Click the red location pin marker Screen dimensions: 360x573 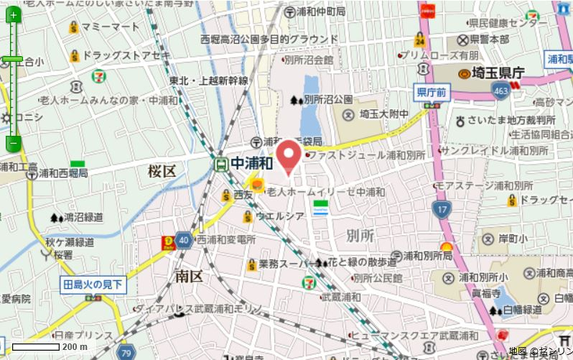click(x=289, y=155)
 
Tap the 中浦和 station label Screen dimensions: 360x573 click(x=251, y=163)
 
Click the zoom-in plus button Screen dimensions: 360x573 click(x=14, y=14)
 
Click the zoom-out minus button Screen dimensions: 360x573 click(x=14, y=144)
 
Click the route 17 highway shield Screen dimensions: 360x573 click(x=441, y=209)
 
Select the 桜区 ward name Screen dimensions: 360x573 click(x=162, y=170)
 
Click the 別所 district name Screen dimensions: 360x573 click(x=360, y=236)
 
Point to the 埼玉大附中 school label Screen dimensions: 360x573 click(x=384, y=114)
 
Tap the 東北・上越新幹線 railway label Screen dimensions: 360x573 click(x=209, y=81)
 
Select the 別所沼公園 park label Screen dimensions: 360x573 click(x=328, y=99)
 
